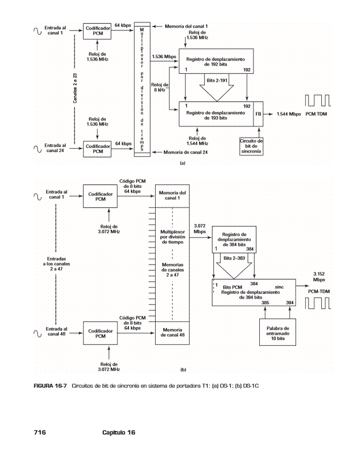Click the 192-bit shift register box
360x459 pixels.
[217, 61]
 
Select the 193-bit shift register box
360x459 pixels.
[217, 114]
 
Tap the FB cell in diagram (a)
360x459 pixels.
[258, 115]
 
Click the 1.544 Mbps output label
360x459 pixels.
[287, 115]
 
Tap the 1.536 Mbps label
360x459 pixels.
[164, 56]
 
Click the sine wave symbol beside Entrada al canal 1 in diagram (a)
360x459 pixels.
[37, 31]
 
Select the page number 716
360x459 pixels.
[40, 432]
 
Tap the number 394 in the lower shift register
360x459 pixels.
[290, 303]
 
